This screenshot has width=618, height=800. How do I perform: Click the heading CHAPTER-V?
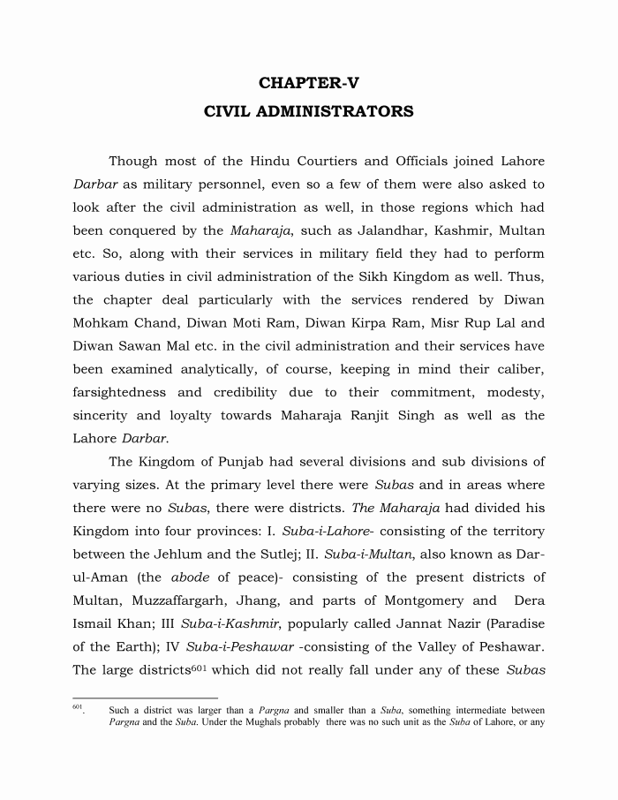pos(309,84)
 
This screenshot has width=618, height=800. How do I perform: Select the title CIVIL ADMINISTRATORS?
pos(309,113)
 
